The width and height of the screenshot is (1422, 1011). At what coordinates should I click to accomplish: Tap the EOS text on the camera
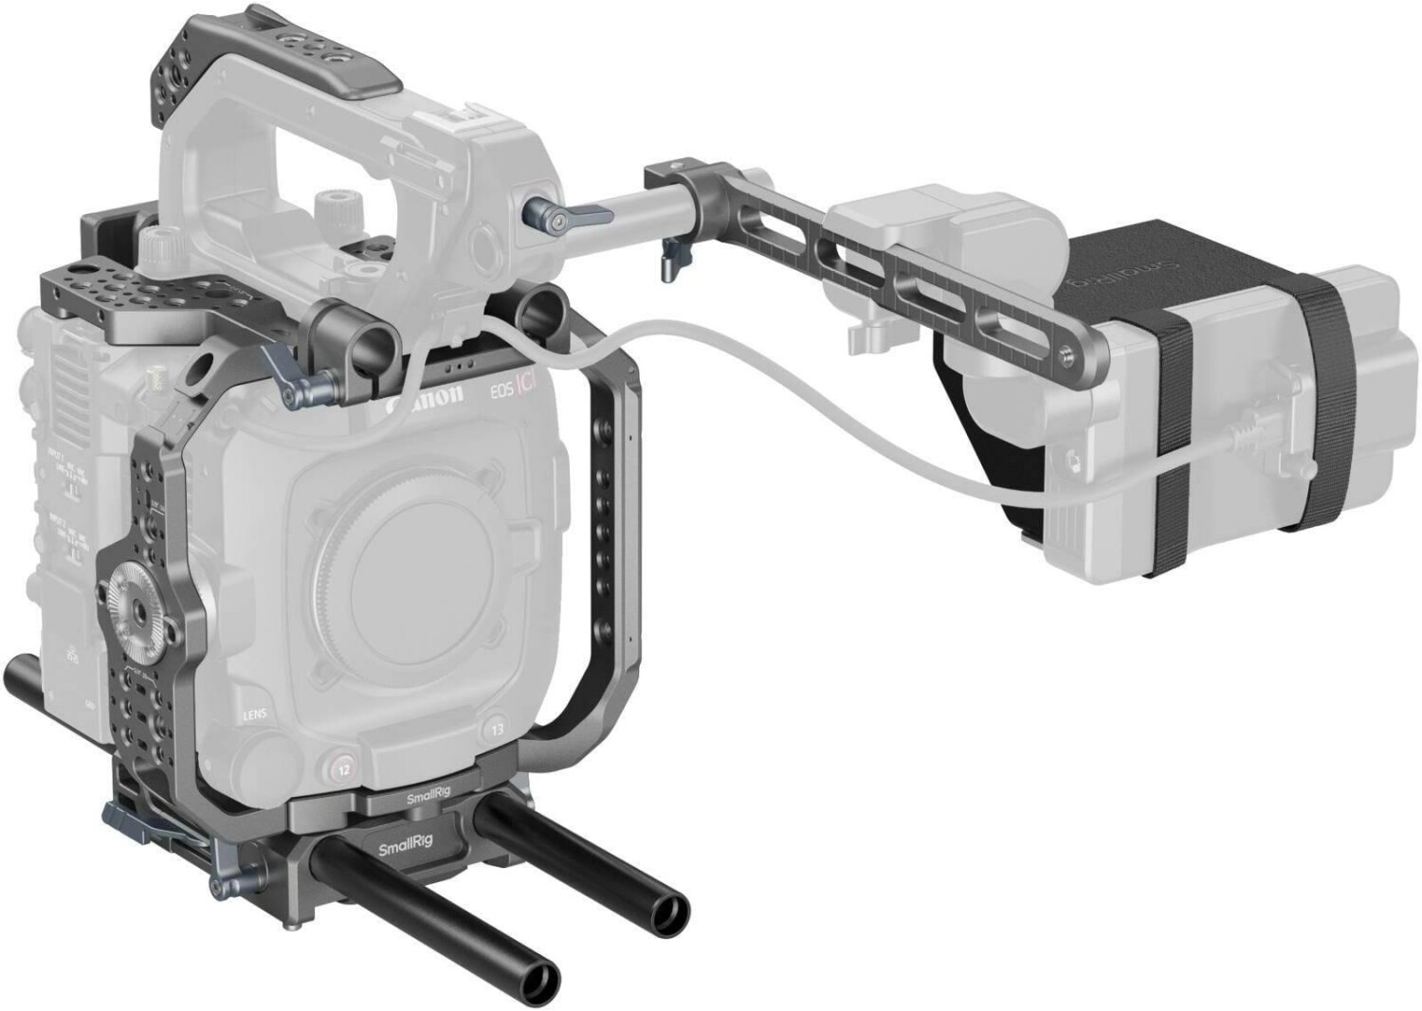(x=494, y=391)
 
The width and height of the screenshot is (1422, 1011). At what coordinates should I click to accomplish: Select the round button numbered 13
(x=497, y=730)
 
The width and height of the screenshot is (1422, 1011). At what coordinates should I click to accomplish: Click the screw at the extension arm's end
(x=1070, y=352)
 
